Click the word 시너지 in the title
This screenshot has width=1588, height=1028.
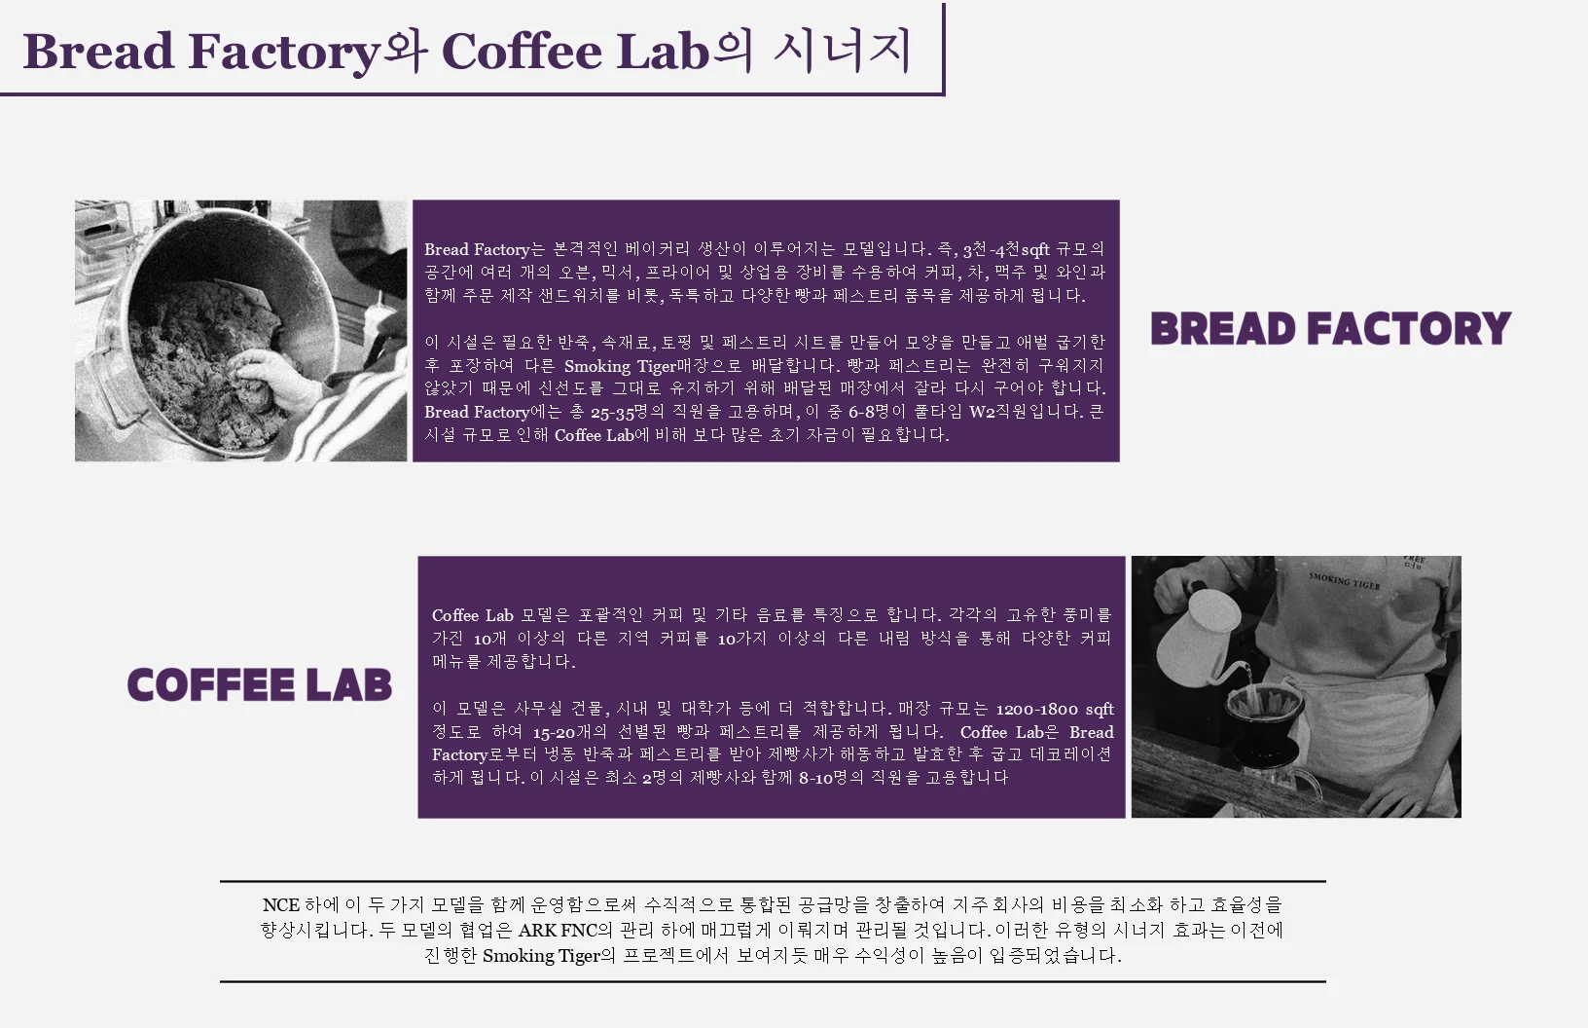[x=842, y=51]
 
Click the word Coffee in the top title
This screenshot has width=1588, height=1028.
[x=523, y=51]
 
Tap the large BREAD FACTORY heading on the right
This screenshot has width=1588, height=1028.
[x=1331, y=328]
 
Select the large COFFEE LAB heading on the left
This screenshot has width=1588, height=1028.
[x=260, y=684]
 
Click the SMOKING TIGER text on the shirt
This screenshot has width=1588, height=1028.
[x=1344, y=581]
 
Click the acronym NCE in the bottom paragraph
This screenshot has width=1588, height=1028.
[x=281, y=905]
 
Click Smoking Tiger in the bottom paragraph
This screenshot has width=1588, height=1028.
[x=541, y=956]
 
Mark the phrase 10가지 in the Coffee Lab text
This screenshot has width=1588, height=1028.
[x=741, y=639]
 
